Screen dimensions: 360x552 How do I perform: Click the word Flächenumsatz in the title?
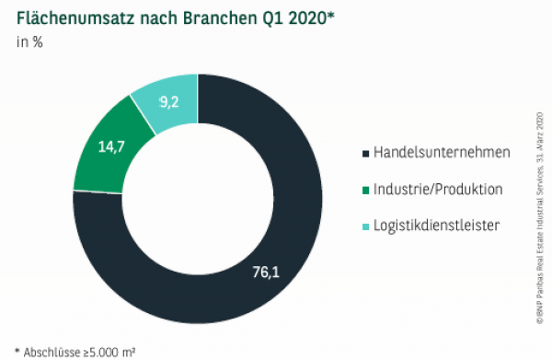70,16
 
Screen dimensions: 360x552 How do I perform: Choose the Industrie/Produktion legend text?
437,190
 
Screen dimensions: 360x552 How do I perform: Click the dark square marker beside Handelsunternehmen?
366,152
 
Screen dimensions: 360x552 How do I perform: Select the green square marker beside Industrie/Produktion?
366,191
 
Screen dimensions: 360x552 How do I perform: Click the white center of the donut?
197,199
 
